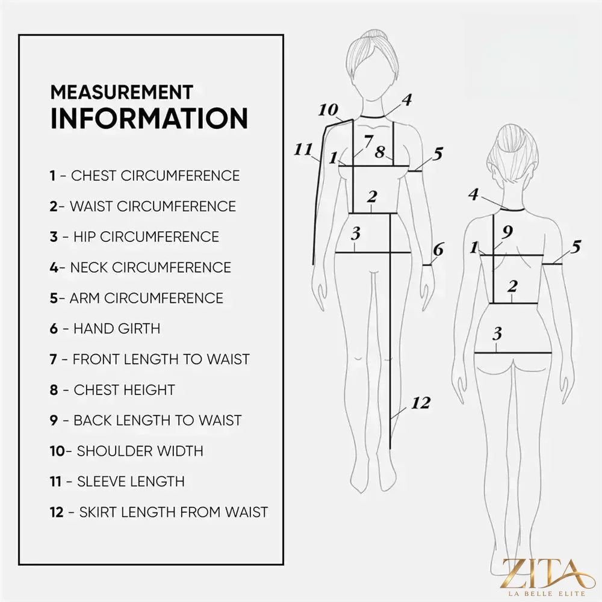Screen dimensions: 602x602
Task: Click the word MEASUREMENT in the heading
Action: point(122,92)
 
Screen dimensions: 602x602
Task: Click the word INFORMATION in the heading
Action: point(149,118)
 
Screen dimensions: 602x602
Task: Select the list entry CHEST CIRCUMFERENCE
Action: point(144,175)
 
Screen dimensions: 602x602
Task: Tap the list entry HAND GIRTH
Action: point(105,329)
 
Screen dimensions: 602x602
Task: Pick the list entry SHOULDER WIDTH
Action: point(126,451)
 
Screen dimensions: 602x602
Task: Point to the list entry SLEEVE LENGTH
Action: point(117,482)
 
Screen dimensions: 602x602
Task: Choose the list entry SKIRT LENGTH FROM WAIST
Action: point(158,512)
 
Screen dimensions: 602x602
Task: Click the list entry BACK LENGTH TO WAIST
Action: point(146,420)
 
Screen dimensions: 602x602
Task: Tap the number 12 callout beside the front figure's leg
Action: point(421,403)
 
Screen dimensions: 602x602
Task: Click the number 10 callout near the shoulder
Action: point(328,110)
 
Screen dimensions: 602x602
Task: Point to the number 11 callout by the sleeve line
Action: point(303,149)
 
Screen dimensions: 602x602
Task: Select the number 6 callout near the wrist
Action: point(438,250)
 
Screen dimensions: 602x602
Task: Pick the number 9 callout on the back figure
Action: point(507,232)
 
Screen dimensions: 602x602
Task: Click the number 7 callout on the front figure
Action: point(368,141)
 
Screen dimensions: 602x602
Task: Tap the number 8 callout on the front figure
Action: point(380,152)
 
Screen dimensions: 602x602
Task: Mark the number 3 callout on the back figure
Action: point(497,334)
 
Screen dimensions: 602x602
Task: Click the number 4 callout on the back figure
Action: point(473,194)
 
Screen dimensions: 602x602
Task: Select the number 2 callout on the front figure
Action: point(371,197)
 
